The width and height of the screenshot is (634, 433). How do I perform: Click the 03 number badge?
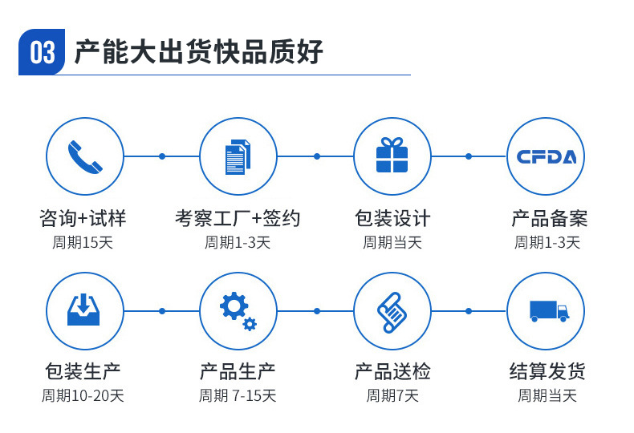click(42, 52)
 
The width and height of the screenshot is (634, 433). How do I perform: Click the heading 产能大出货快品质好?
click(198, 52)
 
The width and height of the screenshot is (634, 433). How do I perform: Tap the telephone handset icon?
click(84, 156)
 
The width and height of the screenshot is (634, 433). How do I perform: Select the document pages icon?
click(238, 156)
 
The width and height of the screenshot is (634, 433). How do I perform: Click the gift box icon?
click(392, 156)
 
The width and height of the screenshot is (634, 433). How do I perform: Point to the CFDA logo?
click(546, 156)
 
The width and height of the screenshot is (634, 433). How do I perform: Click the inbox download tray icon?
click(83, 310)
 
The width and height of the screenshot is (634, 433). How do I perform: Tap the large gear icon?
click(234, 306)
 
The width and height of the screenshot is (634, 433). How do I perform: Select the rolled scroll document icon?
click(392, 311)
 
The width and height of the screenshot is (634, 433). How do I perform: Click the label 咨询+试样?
click(83, 218)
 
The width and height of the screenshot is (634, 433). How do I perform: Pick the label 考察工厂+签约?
click(238, 218)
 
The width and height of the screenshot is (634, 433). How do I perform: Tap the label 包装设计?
click(392, 218)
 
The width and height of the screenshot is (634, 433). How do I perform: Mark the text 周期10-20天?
click(83, 395)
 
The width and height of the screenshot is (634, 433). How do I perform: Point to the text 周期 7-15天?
click(238, 395)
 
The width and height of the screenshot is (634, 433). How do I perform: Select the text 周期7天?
click(392, 395)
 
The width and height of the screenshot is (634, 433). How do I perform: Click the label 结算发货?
click(547, 371)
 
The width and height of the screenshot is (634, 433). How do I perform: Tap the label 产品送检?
click(392, 371)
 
